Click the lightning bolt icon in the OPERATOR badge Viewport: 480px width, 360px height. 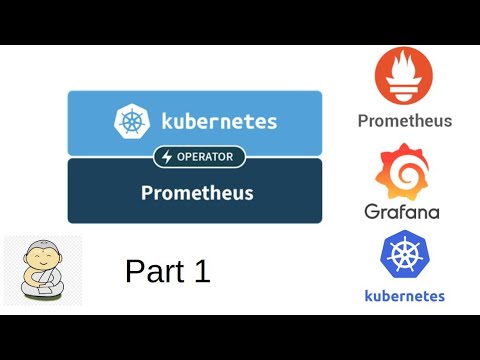(166, 157)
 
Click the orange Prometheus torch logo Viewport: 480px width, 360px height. (405, 78)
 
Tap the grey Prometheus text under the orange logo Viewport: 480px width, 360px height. (405, 122)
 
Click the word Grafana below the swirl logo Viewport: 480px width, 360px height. (402, 211)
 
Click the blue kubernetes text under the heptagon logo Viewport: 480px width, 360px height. (405, 295)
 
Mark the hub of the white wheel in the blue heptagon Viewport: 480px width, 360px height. (405, 255)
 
